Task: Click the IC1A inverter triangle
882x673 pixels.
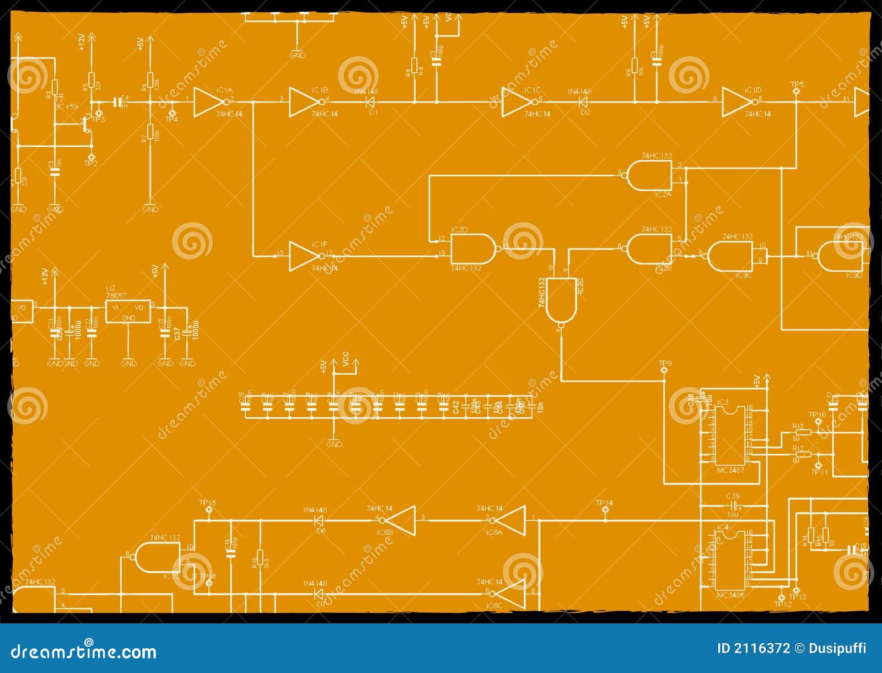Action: pos(208,102)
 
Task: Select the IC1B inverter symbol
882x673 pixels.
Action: pos(304,102)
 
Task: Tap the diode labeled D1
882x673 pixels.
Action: pos(370,102)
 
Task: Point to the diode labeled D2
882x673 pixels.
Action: pos(582,102)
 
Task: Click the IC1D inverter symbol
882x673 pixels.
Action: pos(737,102)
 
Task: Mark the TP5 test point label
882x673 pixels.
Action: pos(797,84)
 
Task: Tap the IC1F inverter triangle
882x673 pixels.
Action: pos(304,256)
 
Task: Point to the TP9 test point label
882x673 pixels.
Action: pos(665,363)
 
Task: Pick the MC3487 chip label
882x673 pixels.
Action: pos(730,470)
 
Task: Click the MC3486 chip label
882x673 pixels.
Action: pos(730,595)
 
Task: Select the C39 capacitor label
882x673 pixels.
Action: pos(733,496)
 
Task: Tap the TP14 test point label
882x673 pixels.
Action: pos(604,503)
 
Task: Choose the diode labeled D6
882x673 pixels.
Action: pos(319,520)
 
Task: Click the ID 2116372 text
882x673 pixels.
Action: pos(753,648)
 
